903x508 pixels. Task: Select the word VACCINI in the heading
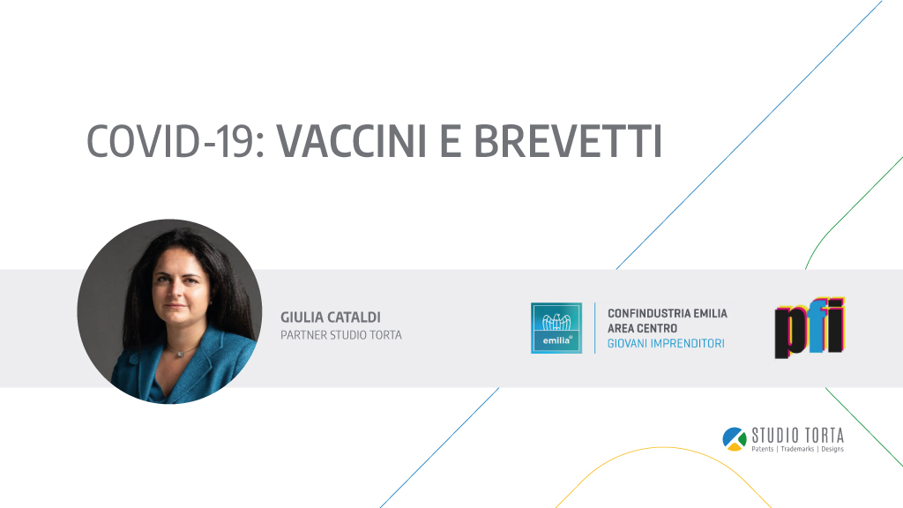(x=352, y=141)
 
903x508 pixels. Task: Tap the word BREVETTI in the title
(x=568, y=141)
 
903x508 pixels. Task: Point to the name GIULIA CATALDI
(x=331, y=317)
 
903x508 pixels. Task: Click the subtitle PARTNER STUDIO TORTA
(x=341, y=335)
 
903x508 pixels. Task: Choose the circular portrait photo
(x=169, y=311)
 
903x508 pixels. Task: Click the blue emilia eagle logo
(x=556, y=328)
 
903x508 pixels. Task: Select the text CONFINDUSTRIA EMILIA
(x=668, y=313)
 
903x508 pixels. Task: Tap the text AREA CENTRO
(x=642, y=328)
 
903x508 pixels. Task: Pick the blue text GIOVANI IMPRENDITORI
(x=666, y=343)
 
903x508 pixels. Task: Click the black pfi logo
(x=810, y=328)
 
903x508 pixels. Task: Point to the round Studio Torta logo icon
(x=735, y=439)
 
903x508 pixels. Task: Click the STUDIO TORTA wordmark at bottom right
(x=797, y=435)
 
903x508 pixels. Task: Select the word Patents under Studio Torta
(x=763, y=449)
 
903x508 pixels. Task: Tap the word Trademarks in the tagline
(x=797, y=449)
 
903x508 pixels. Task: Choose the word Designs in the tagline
(x=832, y=449)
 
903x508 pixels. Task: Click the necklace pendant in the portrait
(x=180, y=353)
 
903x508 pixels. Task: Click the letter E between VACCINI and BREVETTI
(x=451, y=141)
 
